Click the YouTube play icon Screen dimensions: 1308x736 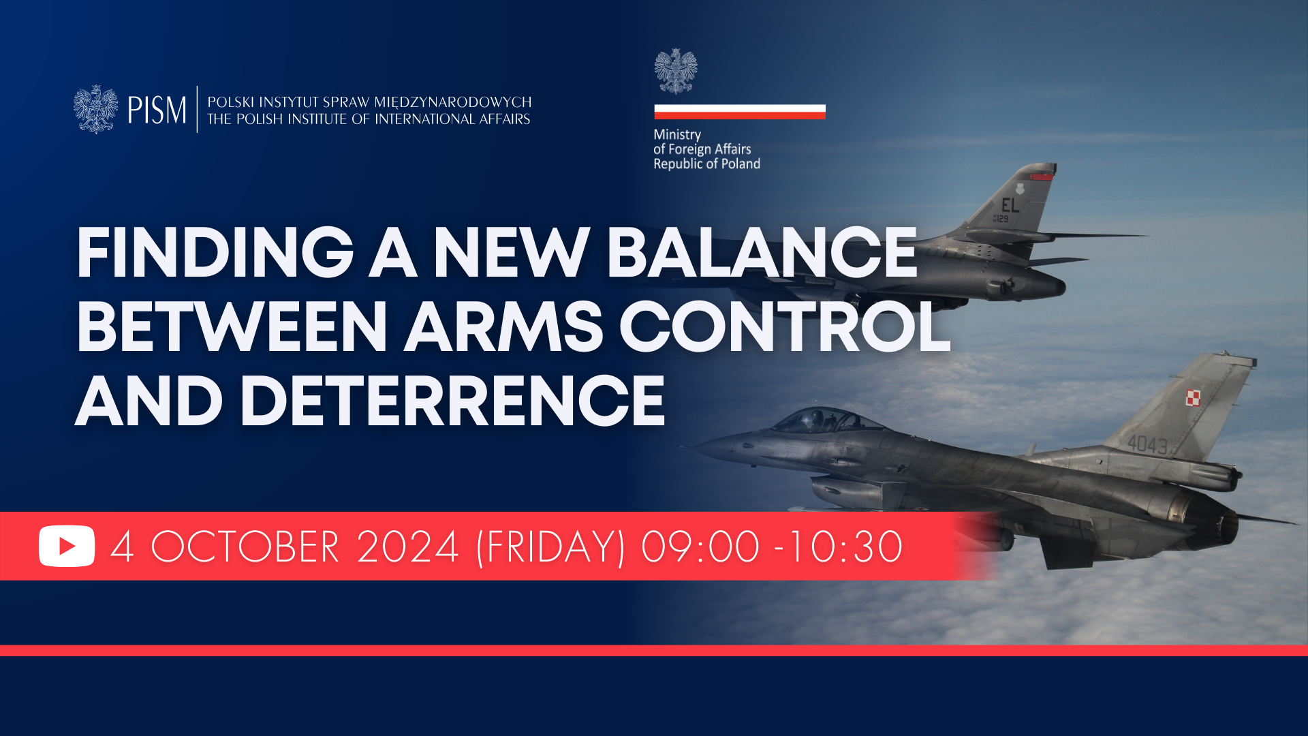coord(67,546)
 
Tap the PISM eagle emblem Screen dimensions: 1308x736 coord(95,109)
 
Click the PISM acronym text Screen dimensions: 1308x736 coord(157,110)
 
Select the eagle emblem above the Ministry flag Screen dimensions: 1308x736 coord(676,71)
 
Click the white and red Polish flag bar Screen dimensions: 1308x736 coord(740,112)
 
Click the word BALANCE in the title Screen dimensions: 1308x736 coord(762,253)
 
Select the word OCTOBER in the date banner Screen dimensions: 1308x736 coord(245,547)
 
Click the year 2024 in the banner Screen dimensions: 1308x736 coord(407,547)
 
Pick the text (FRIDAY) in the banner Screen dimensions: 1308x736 coord(550,547)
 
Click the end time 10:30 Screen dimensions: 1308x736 coord(845,547)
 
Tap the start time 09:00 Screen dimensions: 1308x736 coord(700,547)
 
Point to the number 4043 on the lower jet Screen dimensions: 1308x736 coord(1148,445)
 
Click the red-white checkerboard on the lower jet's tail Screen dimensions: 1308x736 coord(1193,397)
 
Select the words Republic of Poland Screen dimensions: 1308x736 coord(707,164)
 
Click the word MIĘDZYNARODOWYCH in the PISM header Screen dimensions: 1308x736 coord(453,102)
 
